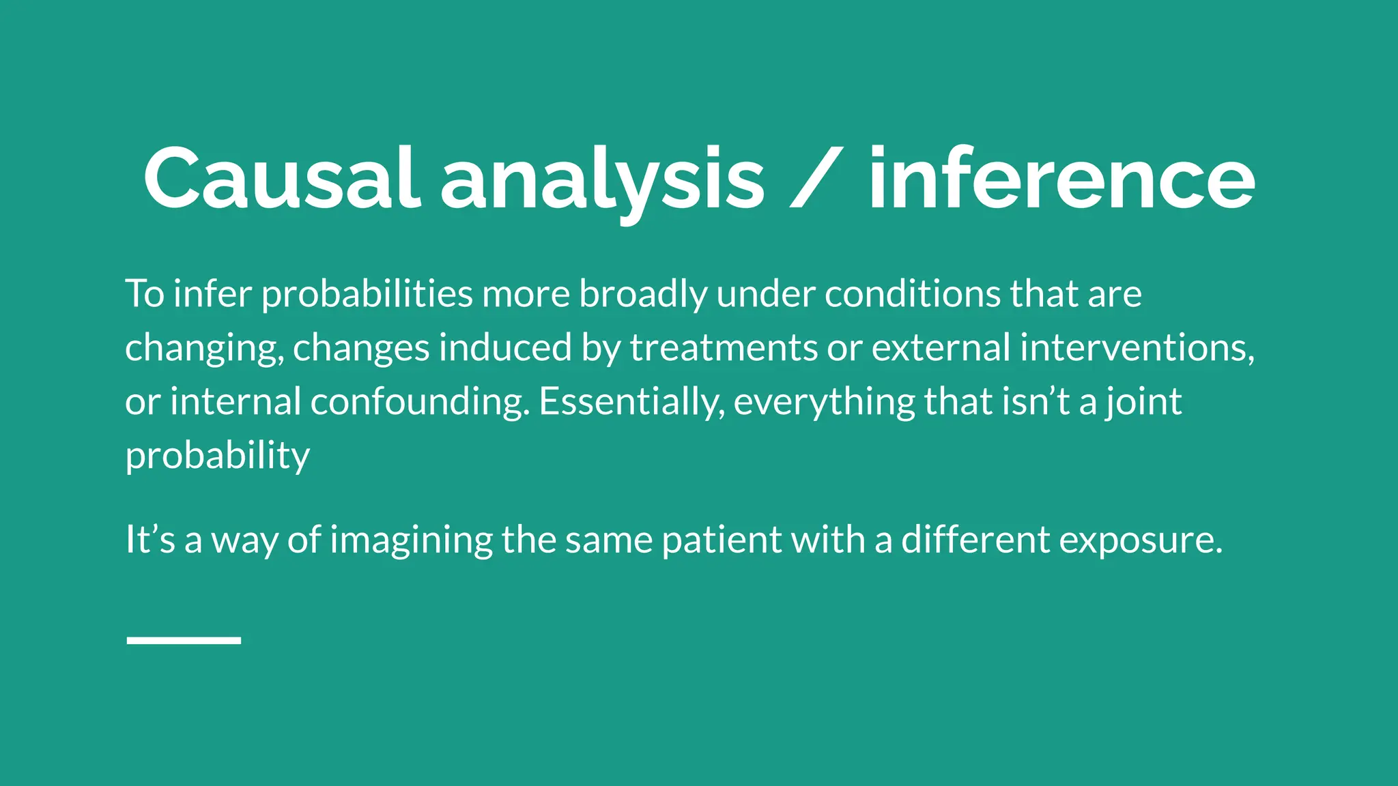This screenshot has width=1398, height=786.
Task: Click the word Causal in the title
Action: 280,179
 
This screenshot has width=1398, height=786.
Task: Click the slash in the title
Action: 815,179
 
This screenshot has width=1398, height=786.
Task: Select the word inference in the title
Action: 1061,179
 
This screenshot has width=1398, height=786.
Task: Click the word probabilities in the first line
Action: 367,295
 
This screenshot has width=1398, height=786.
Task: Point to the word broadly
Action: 643,295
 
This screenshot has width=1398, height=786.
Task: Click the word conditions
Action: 912,293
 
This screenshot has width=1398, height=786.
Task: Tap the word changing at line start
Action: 203,349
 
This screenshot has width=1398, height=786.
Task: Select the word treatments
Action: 723,347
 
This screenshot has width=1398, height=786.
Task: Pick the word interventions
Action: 1137,347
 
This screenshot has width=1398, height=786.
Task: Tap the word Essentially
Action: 631,402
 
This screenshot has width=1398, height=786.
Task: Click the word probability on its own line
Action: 218,456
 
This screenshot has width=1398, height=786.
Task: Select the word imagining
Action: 411,540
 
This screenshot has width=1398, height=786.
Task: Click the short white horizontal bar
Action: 184,640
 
